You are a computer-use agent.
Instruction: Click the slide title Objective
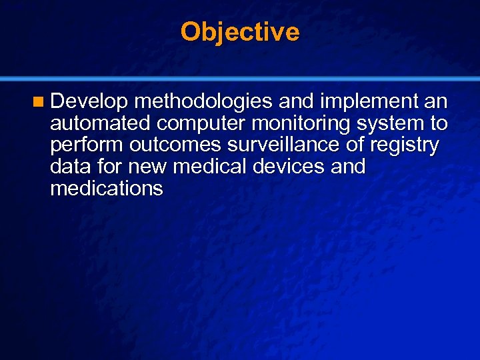(240, 31)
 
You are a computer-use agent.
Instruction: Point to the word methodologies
(203, 101)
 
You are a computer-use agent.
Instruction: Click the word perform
(87, 145)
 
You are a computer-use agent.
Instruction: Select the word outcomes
(173, 145)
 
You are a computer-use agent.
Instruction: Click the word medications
(106, 189)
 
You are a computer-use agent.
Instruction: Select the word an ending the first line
(436, 101)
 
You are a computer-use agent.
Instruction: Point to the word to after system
(438, 123)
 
